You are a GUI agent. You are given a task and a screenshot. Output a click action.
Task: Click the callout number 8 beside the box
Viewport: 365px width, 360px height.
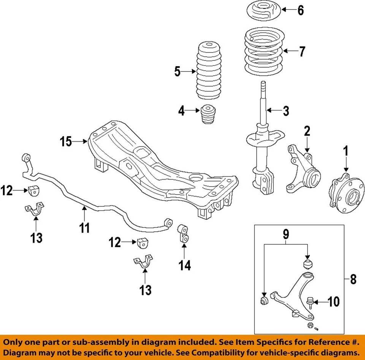[353, 280]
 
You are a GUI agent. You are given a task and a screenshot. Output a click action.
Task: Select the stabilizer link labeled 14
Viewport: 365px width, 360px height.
[183, 233]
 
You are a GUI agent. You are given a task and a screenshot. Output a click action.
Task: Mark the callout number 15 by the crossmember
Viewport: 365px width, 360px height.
[66, 142]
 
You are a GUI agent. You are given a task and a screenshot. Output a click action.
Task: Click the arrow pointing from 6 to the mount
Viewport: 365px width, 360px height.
[289, 10]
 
